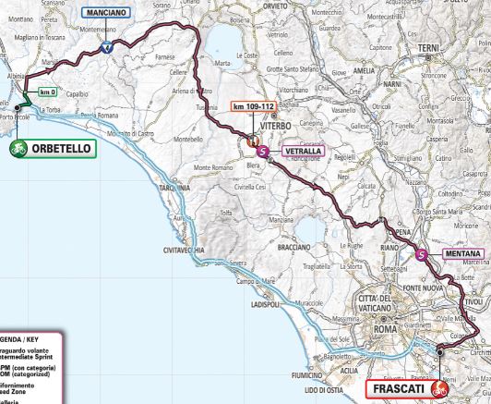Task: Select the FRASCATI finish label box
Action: point(400,388)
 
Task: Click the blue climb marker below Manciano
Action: point(108,47)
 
